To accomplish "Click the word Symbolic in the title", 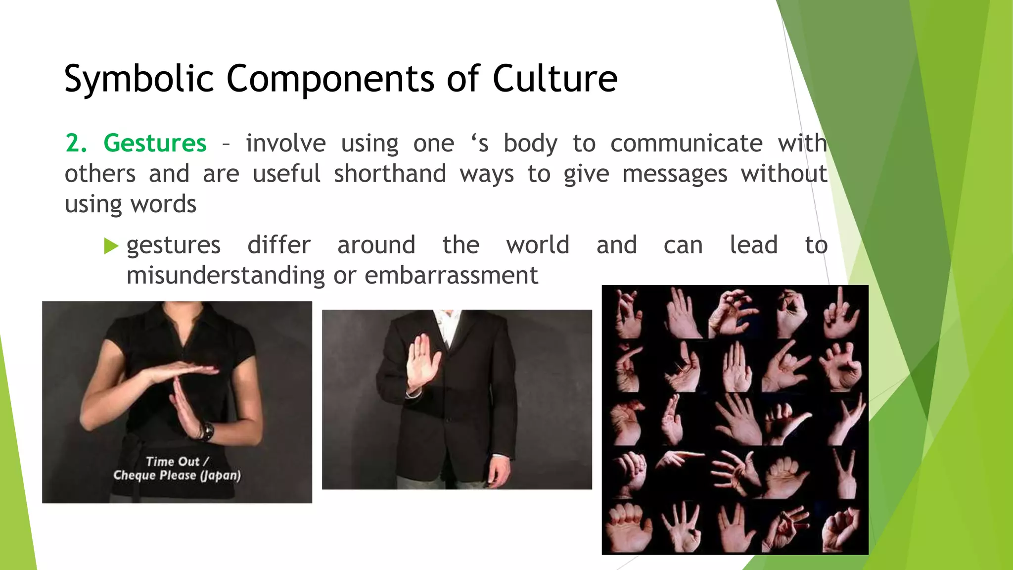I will (x=139, y=79).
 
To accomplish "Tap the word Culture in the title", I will (x=554, y=79).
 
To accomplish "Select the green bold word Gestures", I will (x=155, y=143).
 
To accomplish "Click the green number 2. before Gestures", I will (x=76, y=143).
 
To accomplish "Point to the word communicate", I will (x=686, y=144).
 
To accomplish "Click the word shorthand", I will (x=390, y=174).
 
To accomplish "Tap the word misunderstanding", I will (x=226, y=276).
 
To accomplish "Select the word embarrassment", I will (x=451, y=276).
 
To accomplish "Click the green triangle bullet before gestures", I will (x=111, y=246).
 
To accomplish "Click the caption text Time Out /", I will (x=177, y=462).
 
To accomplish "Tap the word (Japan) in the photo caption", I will (x=220, y=475).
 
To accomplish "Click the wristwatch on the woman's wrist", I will (x=207, y=431).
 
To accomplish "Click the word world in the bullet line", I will (x=538, y=245).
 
